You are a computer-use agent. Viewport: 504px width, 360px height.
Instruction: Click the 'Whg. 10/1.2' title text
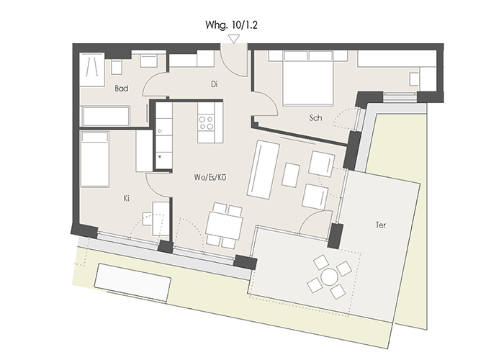point(231,25)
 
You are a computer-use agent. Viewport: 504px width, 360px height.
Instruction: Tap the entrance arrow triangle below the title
point(234,39)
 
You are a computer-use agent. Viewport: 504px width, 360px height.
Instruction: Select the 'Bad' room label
point(122,89)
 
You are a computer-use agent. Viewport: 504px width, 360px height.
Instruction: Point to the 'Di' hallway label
point(215,84)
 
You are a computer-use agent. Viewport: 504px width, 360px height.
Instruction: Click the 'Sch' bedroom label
point(315,118)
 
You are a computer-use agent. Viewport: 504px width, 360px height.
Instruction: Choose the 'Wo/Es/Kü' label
point(210,177)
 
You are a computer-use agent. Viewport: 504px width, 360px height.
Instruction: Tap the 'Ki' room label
point(126,198)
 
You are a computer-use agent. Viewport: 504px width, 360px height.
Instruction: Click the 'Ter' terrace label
point(381,225)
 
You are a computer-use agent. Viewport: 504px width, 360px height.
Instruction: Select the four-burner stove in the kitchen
point(206,122)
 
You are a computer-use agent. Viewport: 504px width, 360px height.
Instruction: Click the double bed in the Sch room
point(307,78)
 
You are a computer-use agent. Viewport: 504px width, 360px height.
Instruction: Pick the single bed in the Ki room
point(95,159)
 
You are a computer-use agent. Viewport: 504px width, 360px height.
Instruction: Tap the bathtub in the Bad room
point(107,117)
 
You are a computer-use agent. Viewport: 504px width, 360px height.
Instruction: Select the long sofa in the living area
point(263,169)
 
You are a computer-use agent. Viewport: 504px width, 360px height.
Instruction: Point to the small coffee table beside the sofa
point(291,175)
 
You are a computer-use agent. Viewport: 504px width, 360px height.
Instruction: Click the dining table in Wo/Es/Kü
point(224,225)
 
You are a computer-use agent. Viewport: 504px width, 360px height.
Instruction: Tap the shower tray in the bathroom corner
point(92,70)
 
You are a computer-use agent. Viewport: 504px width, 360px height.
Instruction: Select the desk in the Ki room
point(160,219)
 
